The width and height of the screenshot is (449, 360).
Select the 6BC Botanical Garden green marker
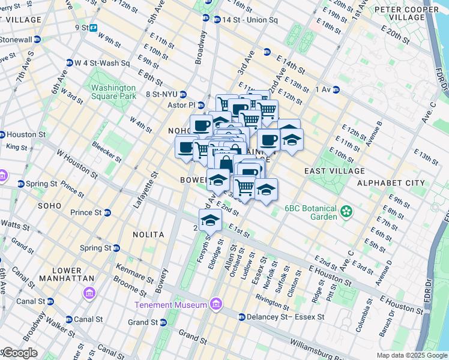pyautogui.click(x=346, y=211)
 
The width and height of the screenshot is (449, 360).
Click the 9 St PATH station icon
pyautogui.click(x=94, y=27)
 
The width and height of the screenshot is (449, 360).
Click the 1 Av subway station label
pyautogui.click(x=324, y=89)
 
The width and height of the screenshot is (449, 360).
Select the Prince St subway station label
pyautogui.click(x=85, y=212)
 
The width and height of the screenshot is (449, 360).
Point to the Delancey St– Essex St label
pyautogui.click(x=285, y=317)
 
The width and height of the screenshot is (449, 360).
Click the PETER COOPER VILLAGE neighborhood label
pyautogui.click(x=406, y=14)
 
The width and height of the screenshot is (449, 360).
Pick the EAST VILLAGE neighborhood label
pyautogui.click(x=331, y=171)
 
